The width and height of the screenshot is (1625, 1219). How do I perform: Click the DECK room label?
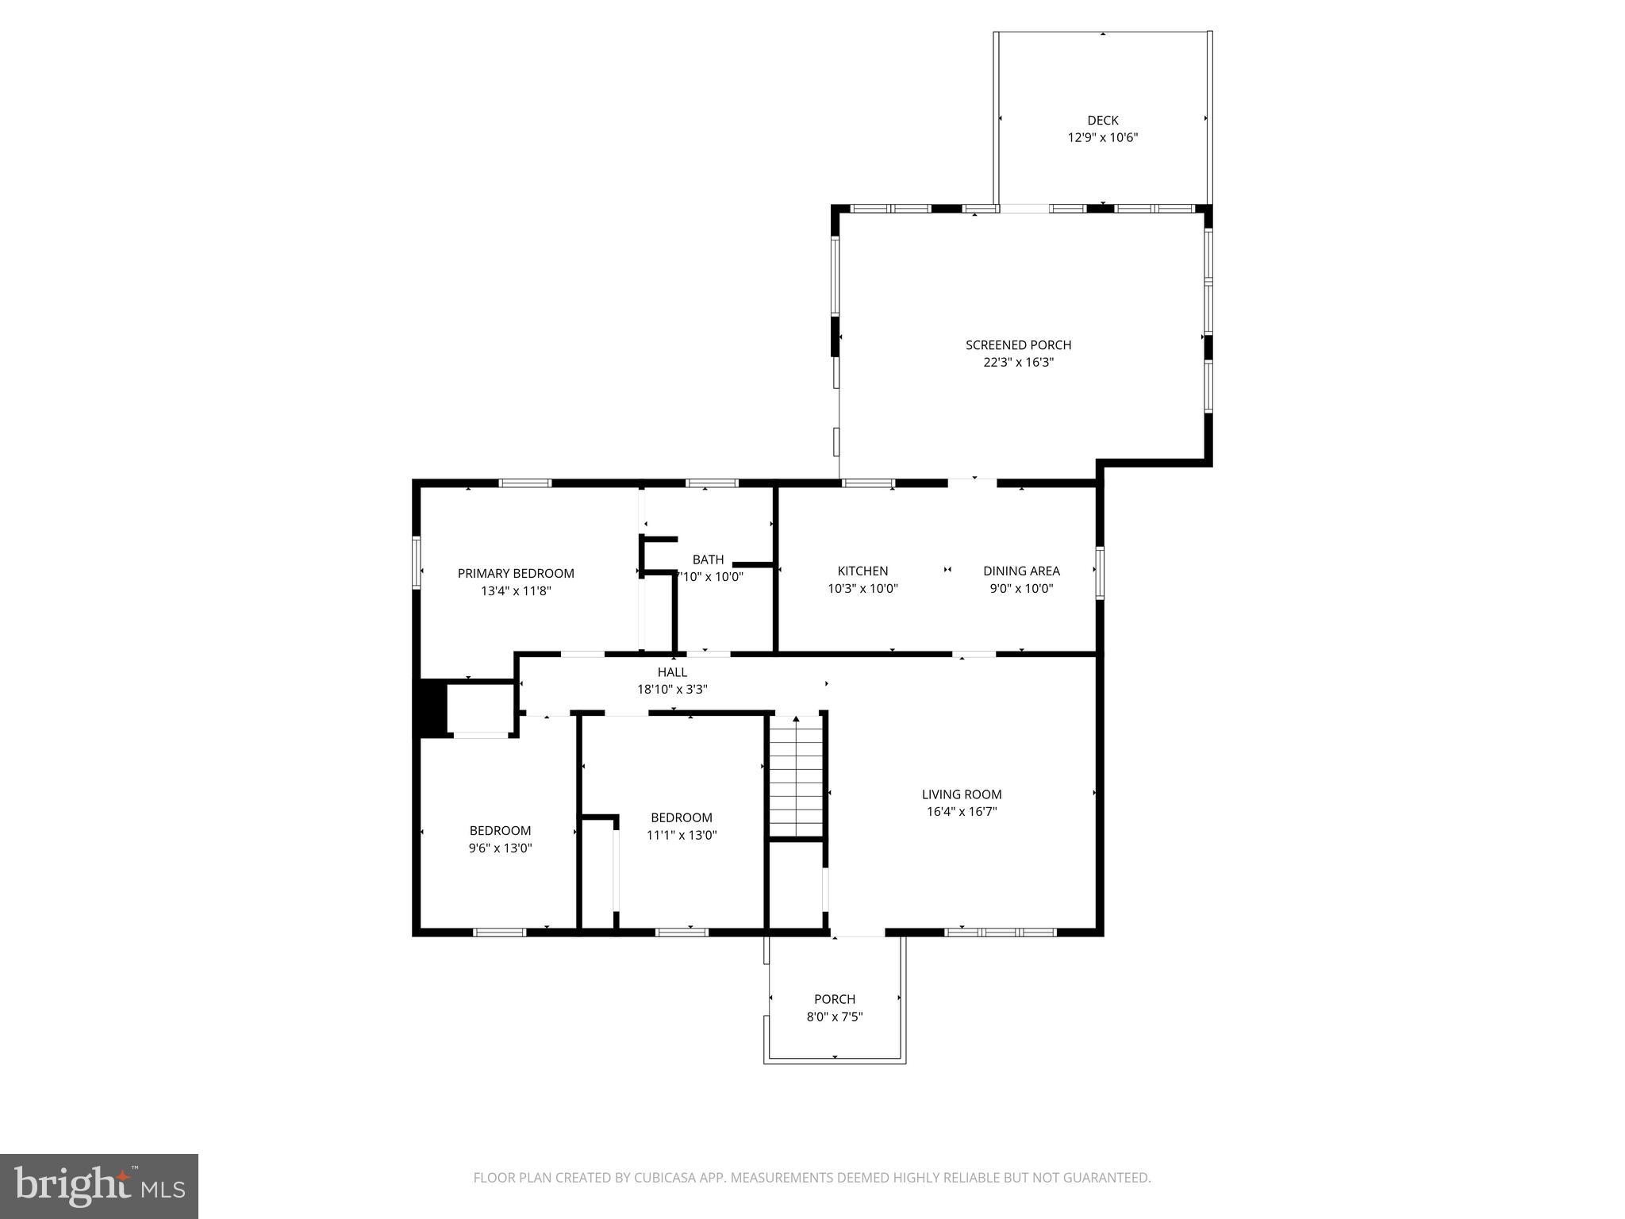tap(1102, 121)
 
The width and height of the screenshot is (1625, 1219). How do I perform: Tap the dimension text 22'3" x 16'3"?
tap(1018, 363)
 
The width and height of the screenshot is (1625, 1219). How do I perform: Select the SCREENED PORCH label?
tap(1018, 345)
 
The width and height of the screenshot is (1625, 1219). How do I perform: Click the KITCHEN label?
tap(862, 571)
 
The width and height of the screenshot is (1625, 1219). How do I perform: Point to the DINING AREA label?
tap(1021, 571)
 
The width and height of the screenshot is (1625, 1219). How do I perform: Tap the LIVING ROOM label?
tap(961, 794)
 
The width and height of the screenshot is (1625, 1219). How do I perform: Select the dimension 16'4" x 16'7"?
tap(961, 812)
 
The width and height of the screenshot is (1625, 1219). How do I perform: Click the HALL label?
tap(672, 672)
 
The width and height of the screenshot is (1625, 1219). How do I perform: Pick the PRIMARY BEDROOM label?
tap(516, 574)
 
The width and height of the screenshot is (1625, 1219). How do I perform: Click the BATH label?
tap(708, 560)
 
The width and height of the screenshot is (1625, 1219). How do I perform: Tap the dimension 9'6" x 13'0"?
tap(500, 848)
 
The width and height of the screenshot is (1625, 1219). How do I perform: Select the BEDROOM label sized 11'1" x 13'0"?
tap(681, 817)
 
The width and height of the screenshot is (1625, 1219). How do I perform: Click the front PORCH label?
tap(835, 999)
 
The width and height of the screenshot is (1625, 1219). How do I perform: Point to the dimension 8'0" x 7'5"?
tap(835, 1017)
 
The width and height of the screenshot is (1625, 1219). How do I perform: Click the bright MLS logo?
tap(99, 1186)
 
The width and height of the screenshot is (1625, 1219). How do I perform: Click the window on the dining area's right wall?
tap(1100, 571)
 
